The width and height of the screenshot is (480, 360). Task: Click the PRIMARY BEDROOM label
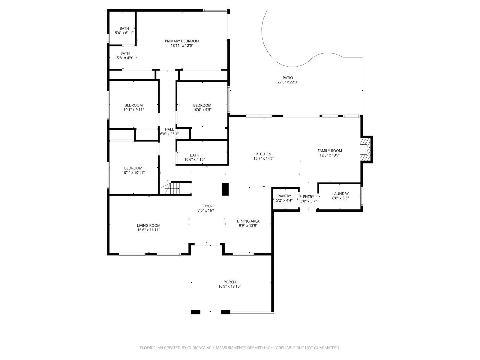click(x=182, y=41)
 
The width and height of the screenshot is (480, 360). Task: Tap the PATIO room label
click(x=288, y=78)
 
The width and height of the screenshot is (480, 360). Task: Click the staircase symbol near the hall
click(x=169, y=188)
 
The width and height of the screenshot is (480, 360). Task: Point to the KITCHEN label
click(x=264, y=154)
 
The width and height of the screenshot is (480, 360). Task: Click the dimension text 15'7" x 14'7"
click(x=264, y=158)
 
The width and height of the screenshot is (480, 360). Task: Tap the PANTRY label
click(x=284, y=196)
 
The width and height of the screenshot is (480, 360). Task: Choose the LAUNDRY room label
click(x=340, y=194)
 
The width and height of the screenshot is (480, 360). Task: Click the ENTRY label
click(x=308, y=197)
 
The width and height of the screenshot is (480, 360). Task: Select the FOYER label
click(x=207, y=206)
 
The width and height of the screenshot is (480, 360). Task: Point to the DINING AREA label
click(x=248, y=221)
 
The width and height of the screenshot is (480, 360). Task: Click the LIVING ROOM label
click(x=149, y=226)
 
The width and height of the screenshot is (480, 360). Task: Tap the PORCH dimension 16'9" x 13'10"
click(x=229, y=286)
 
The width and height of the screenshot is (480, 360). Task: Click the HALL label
click(x=169, y=129)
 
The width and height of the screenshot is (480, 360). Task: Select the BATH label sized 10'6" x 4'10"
click(x=194, y=155)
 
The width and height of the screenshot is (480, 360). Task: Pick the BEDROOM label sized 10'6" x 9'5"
click(x=202, y=105)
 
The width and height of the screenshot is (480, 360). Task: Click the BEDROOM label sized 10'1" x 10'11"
click(x=133, y=168)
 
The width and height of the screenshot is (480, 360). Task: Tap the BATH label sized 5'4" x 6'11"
click(x=124, y=28)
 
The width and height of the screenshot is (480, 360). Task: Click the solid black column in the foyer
click(x=226, y=189)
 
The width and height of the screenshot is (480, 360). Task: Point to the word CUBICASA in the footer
click(x=196, y=348)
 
